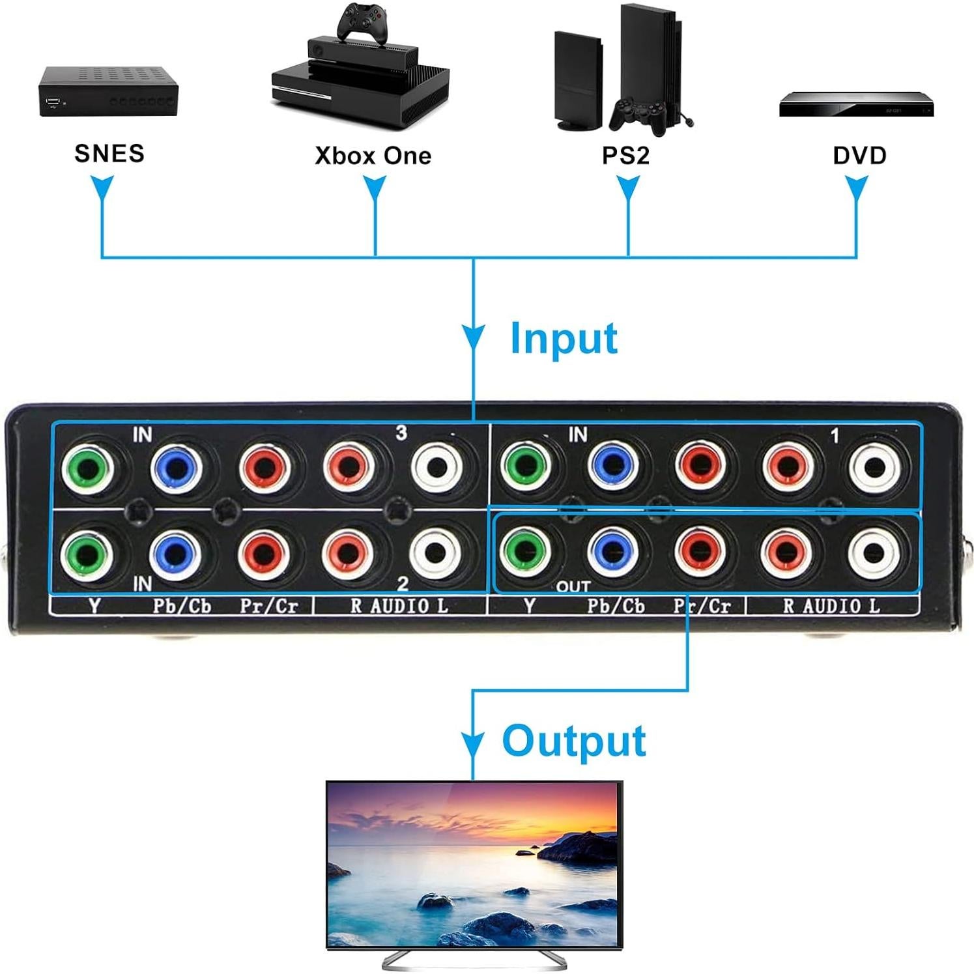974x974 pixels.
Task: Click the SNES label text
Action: coord(109,154)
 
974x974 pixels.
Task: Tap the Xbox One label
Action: coord(373,156)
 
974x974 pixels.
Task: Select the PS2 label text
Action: coord(625,156)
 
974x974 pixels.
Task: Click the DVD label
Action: coord(859,156)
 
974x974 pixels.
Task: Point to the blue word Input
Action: coord(564,339)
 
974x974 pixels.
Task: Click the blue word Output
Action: coord(574,741)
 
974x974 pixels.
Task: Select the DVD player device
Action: coord(856,105)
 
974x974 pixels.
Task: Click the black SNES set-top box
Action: coord(108,91)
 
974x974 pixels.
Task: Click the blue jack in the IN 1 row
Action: coord(613,465)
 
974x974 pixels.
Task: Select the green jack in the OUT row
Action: coord(526,551)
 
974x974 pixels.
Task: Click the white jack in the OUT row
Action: coord(874,552)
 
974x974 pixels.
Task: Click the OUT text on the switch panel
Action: coord(573,586)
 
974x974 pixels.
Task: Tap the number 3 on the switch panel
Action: coord(401,433)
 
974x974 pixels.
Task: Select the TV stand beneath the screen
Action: coord(474,960)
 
